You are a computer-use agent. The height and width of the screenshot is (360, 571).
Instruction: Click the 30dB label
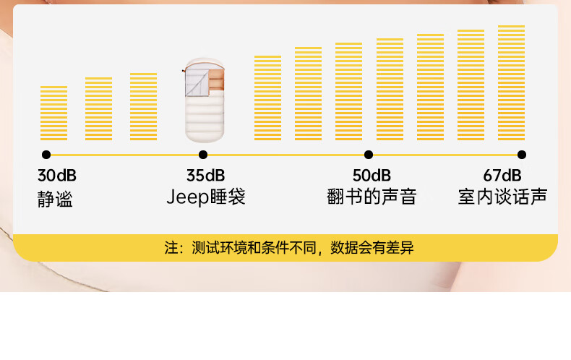pyautogui.click(x=57, y=176)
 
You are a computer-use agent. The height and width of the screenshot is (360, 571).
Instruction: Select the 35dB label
pyautogui.click(x=206, y=176)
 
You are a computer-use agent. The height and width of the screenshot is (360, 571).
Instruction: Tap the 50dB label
pyautogui.click(x=372, y=176)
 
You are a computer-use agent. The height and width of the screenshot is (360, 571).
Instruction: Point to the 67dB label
pyautogui.click(x=502, y=176)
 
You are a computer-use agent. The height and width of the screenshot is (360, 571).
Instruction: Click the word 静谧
pyautogui.click(x=56, y=199)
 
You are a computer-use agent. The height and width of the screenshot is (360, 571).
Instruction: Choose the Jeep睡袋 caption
pyautogui.click(x=206, y=197)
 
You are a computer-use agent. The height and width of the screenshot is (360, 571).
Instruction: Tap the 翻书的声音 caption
pyautogui.click(x=372, y=197)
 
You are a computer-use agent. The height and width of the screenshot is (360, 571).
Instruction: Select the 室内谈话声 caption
pyautogui.click(x=502, y=197)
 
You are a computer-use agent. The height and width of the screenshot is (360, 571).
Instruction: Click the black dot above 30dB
pyautogui.click(x=46, y=155)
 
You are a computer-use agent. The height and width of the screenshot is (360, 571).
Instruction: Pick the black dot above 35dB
pyautogui.click(x=203, y=155)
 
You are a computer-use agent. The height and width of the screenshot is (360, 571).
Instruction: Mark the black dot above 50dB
pyautogui.click(x=369, y=155)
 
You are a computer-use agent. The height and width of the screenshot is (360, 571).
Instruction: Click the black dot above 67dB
pyautogui.click(x=522, y=155)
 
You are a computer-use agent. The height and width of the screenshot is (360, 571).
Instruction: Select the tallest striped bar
pyautogui.click(x=511, y=83)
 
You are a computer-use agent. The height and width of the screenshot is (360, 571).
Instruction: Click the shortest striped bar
pyautogui.click(x=53, y=113)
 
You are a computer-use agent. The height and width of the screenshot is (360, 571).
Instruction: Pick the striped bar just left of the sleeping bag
pyautogui.click(x=143, y=107)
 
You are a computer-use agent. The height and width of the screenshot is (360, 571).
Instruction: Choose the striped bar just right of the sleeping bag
pyautogui.click(x=267, y=98)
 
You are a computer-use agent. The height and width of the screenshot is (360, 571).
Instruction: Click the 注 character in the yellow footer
pyautogui.click(x=171, y=249)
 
